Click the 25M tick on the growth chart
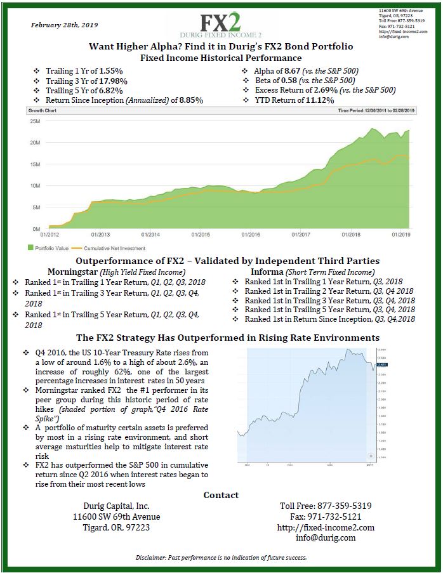point(36,121)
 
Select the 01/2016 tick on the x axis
point(251,234)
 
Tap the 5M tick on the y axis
point(36,207)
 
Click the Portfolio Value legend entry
point(51,248)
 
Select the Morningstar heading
point(62,272)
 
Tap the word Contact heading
point(221,495)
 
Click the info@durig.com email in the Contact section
point(326,537)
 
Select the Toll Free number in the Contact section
point(326,506)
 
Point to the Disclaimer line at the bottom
point(221,558)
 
